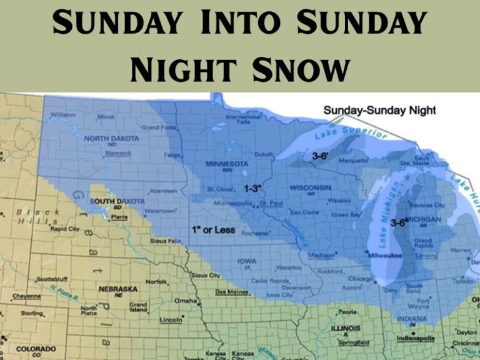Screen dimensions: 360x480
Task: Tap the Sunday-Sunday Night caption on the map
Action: tap(379, 110)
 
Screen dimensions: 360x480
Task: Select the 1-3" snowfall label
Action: tap(252, 188)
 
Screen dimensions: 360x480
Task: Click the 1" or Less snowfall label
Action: tap(214, 230)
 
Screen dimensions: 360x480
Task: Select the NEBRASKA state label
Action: tap(117, 289)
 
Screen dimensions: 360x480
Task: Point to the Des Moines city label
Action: tap(230, 291)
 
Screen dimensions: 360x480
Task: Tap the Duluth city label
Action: tap(264, 154)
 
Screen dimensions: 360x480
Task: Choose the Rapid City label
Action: tap(65, 229)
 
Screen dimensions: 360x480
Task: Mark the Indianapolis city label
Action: tap(415, 338)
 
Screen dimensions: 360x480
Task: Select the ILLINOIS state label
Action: tap(346, 328)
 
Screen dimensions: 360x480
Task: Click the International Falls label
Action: tap(244, 119)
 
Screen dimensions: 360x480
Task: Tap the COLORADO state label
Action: tap(36, 348)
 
